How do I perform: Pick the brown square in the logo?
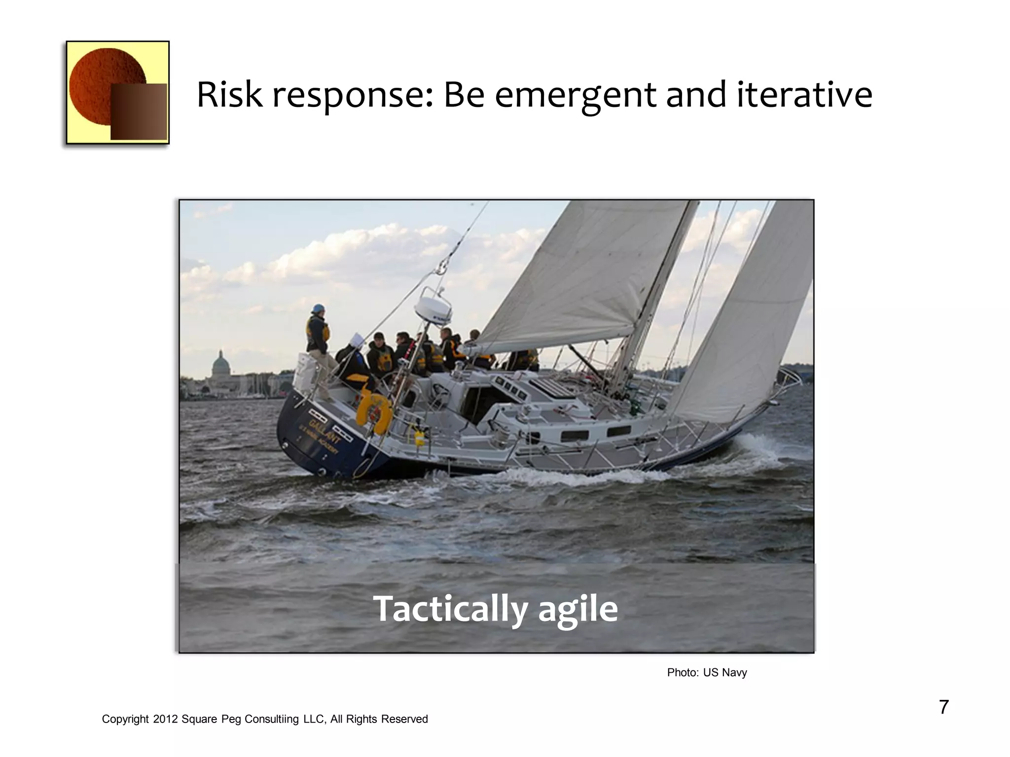click(139, 112)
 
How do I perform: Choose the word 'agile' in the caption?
click(577, 610)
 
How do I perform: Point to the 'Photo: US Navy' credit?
click(707, 673)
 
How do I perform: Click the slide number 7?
click(943, 707)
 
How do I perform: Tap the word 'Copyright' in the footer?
click(125, 720)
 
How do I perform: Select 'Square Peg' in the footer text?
click(211, 720)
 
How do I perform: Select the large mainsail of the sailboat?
click(582, 276)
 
